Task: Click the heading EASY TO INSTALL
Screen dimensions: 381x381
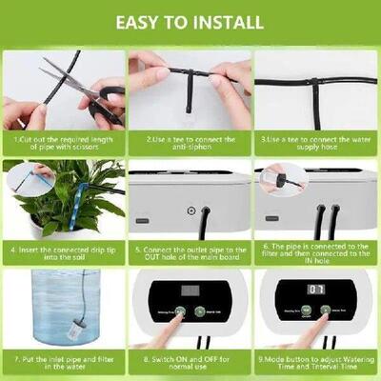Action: click(x=190, y=20)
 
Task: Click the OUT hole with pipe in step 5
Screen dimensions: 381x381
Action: click(x=205, y=211)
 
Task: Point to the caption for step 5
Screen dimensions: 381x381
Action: click(x=190, y=252)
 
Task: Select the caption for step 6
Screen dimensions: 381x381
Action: click(x=316, y=252)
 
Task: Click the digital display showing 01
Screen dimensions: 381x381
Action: click(x=316, y=289)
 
